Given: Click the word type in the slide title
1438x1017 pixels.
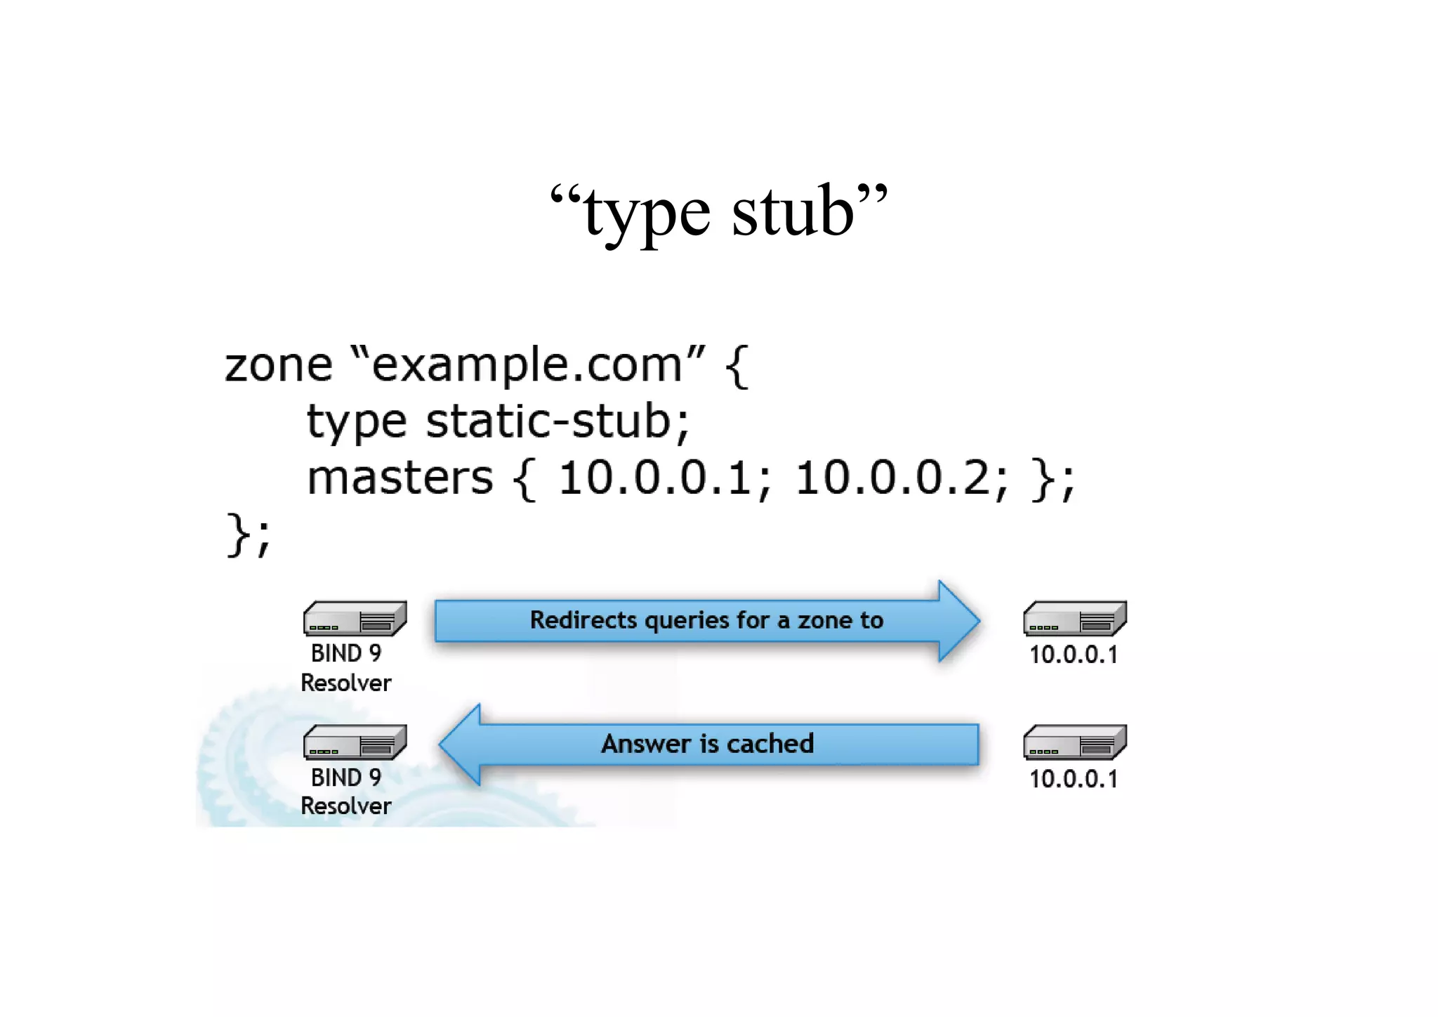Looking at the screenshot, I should tap(647, 214).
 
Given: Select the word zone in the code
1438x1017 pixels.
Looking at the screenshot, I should tap(278, 366).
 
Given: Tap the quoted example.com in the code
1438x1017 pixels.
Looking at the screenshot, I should tap(527, 366).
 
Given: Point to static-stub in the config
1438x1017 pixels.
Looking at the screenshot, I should tap(548, 421).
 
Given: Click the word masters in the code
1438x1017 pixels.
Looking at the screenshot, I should tap(400, 479).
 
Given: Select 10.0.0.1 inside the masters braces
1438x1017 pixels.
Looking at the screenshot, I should tap(654, 479).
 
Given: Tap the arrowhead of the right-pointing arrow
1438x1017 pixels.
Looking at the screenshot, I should tap(958, 621).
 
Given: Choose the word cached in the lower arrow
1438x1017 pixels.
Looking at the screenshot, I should tap(770, 744).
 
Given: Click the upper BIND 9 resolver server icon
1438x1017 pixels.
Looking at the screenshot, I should tap(355, 619).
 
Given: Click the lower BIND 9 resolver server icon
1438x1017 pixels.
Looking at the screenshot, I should tap(355, 742).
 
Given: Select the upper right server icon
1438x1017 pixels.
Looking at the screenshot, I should tap(1075, 619).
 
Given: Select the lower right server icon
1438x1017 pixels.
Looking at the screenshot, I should tap(1075, 742).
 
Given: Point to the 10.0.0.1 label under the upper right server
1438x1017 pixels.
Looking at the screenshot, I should tap(1073, 655).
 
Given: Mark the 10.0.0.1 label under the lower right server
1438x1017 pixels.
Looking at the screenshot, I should tap(1073, 779).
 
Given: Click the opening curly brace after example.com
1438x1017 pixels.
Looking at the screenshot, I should tap(737, 366).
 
